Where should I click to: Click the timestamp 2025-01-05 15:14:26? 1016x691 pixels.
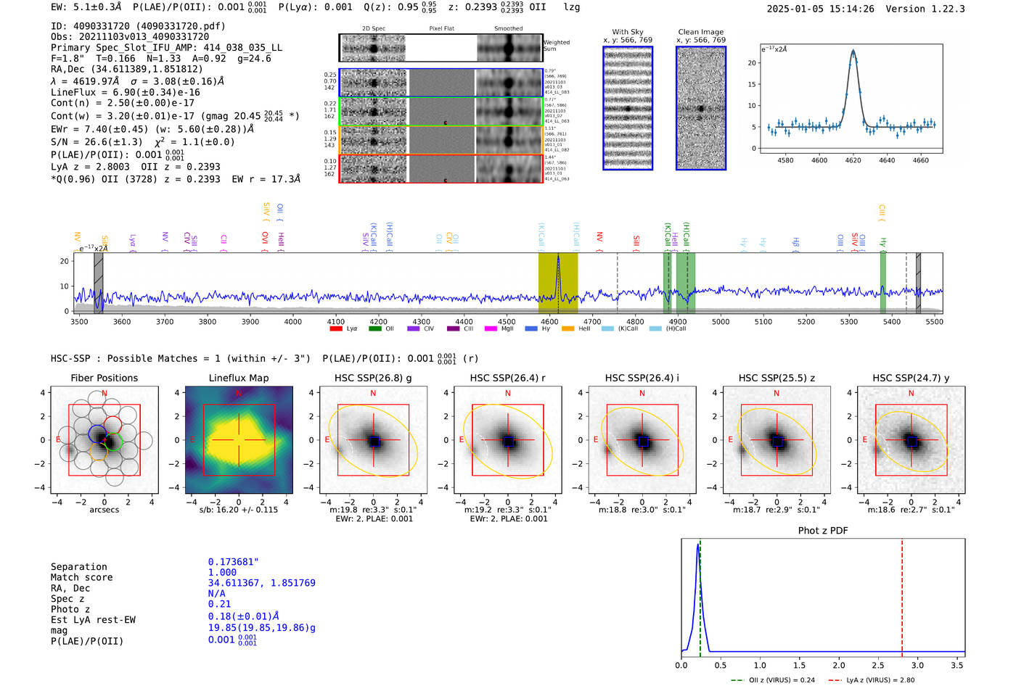click(820, 9)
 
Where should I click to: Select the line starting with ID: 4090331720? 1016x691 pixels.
click(138, 26)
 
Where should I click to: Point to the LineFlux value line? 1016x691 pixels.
click(125, 92)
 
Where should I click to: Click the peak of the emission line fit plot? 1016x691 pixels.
click(853, 51)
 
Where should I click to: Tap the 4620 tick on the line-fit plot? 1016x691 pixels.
click(853, 160)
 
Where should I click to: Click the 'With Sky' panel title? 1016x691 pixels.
click(627, 32)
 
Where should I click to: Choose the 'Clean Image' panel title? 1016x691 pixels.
click(700, 32)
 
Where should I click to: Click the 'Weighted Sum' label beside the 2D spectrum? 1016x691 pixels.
click(556, 46)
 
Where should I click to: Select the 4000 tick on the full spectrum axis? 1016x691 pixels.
click(293, 322)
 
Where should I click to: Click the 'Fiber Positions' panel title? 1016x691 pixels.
click(104, 378)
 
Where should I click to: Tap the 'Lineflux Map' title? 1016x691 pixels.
click(238, 378)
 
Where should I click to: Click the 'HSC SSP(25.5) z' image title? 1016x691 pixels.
click(777, 378)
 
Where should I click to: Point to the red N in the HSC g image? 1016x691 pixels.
click(373, 393)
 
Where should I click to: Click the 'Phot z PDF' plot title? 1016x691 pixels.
click(823, 531)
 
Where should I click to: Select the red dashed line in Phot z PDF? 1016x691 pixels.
click(901, 595)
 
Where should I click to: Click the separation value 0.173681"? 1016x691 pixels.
click(233, 562)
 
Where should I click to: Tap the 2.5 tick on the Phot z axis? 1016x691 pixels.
click(878, 665)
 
